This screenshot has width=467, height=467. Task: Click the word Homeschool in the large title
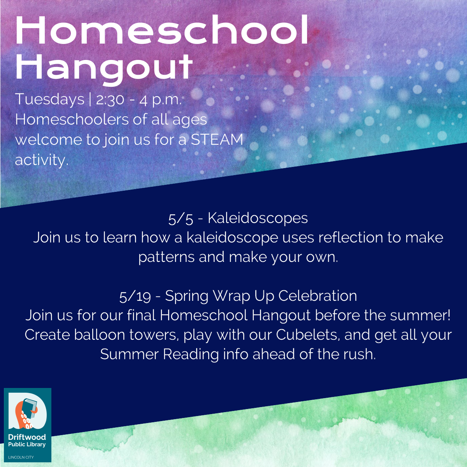click(162, 30)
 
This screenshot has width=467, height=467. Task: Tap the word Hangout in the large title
click(104, 68)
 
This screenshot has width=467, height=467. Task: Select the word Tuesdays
click(50, 99)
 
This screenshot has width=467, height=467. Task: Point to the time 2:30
click(110, 100)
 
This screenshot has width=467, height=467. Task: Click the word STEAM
click(217, 140)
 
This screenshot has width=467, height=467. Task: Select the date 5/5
click(181, 219)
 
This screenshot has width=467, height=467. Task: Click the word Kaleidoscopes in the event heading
click(258, 218)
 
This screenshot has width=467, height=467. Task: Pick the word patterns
click(167, 257)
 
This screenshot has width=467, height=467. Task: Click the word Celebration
click(318, 296)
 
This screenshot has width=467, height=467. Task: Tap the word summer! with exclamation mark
click(420, 315)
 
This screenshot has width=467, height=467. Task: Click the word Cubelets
click(308, 335)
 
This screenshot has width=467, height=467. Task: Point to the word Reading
click(191, 354)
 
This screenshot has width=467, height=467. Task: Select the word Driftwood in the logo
click(27, 437)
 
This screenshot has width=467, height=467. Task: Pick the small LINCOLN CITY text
click(21, 457)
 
